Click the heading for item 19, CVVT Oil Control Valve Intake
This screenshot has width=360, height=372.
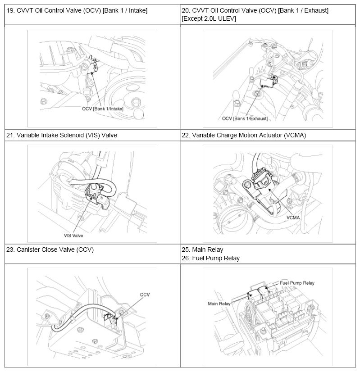(77, 11)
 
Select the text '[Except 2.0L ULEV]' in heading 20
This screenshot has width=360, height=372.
(209, 19)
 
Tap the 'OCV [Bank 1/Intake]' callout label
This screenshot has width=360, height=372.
(103, 109)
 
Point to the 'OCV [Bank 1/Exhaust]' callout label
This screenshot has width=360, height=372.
(245, 118)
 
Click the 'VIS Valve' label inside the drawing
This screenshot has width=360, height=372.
(73, 236)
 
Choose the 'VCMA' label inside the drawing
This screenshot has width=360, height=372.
(293, 218)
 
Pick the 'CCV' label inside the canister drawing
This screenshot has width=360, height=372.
(145, 295)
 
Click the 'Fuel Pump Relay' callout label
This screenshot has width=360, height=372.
(297, 283)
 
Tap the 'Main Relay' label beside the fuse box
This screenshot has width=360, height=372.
(219, 304)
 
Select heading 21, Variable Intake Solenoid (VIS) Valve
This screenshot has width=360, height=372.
(62, 136)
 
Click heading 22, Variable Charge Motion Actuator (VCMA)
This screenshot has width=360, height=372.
(244, 136)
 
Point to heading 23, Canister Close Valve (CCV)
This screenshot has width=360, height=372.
(50, 250)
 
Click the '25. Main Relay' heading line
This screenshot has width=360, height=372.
(202, 250)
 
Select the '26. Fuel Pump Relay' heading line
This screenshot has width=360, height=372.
(211, 259)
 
